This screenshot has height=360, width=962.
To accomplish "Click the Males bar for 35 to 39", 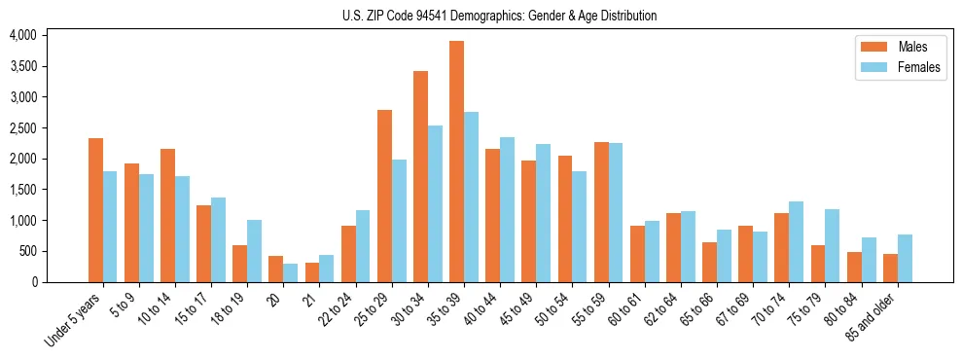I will click(456, 162).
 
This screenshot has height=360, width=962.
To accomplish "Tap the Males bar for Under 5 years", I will click(95, 210).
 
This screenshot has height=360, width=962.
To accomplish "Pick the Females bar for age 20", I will click(290, 272).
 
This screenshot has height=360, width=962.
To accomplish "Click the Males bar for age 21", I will click(312, 272).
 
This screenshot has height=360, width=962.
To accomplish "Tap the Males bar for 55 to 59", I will click(601, 212).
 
